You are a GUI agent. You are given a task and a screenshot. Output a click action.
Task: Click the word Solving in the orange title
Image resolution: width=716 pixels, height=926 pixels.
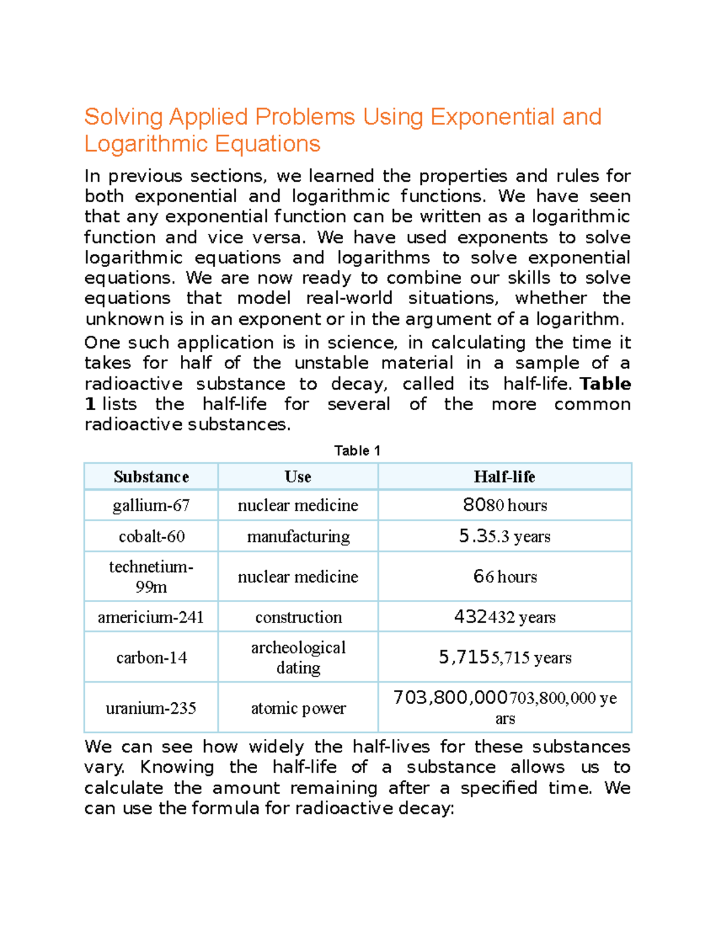124,117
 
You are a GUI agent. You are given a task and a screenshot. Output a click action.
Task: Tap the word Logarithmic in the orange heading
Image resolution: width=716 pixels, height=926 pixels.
146,144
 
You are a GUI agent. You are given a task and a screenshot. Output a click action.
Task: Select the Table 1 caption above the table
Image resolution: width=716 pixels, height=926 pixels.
357,451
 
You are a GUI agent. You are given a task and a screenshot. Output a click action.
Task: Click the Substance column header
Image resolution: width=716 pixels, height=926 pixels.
151,477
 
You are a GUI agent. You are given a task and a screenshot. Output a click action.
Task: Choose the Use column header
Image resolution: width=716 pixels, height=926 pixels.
298,477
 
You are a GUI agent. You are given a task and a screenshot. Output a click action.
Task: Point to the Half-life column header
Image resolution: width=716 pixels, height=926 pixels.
504,477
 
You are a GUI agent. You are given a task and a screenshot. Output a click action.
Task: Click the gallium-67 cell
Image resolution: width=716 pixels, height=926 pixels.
151,506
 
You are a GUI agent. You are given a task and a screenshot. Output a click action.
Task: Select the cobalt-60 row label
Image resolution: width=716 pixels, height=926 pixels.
152,537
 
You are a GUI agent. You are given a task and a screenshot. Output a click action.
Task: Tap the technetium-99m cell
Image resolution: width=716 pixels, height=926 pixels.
151,577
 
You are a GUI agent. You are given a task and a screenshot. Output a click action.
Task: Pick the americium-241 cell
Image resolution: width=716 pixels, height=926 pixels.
151,617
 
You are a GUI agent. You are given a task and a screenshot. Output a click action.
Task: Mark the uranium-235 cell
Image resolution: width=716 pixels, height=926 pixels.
151,708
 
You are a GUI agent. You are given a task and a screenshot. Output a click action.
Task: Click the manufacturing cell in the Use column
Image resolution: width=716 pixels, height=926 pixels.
298,537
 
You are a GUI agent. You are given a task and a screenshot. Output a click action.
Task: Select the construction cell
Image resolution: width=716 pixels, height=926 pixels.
298,617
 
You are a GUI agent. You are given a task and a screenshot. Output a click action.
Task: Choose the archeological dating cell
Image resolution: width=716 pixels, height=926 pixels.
298,657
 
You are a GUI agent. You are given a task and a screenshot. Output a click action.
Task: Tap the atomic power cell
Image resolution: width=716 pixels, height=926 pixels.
298,708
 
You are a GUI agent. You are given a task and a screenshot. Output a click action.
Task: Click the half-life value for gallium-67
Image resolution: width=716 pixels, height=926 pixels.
505,506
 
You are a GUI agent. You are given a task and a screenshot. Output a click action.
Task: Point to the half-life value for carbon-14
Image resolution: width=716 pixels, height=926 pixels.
505,658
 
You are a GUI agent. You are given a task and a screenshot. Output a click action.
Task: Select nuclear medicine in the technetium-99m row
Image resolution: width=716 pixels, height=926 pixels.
298,577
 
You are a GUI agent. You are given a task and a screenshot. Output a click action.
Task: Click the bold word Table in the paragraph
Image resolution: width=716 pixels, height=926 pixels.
605,384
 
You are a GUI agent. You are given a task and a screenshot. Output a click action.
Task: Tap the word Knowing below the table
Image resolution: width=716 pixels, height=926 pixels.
177,767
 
